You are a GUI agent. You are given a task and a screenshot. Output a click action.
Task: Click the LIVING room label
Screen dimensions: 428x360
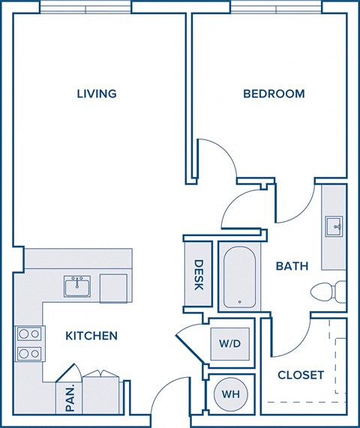coord(97,94)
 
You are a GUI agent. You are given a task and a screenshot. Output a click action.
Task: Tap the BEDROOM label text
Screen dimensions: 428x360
coord(274,94)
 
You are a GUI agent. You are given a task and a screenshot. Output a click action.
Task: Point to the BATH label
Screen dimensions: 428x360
coord(292,266)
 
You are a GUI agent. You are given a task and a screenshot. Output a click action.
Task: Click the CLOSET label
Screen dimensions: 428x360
coord(300,374)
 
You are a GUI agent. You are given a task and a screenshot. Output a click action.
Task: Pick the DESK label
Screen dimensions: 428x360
coord(199,274)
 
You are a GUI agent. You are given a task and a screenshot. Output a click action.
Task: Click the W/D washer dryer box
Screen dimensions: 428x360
coord(229,345)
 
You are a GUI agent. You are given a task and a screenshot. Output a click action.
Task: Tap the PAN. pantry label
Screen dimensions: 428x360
coord(69,397)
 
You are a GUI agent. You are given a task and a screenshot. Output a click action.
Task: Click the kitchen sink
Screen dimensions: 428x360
coord(76,286)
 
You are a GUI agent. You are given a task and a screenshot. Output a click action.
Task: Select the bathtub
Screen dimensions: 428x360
coord(238,277)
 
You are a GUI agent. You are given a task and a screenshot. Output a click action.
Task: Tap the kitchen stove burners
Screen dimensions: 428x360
coord(28,343)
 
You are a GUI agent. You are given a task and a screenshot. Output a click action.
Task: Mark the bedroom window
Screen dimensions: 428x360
coord(276,7)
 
